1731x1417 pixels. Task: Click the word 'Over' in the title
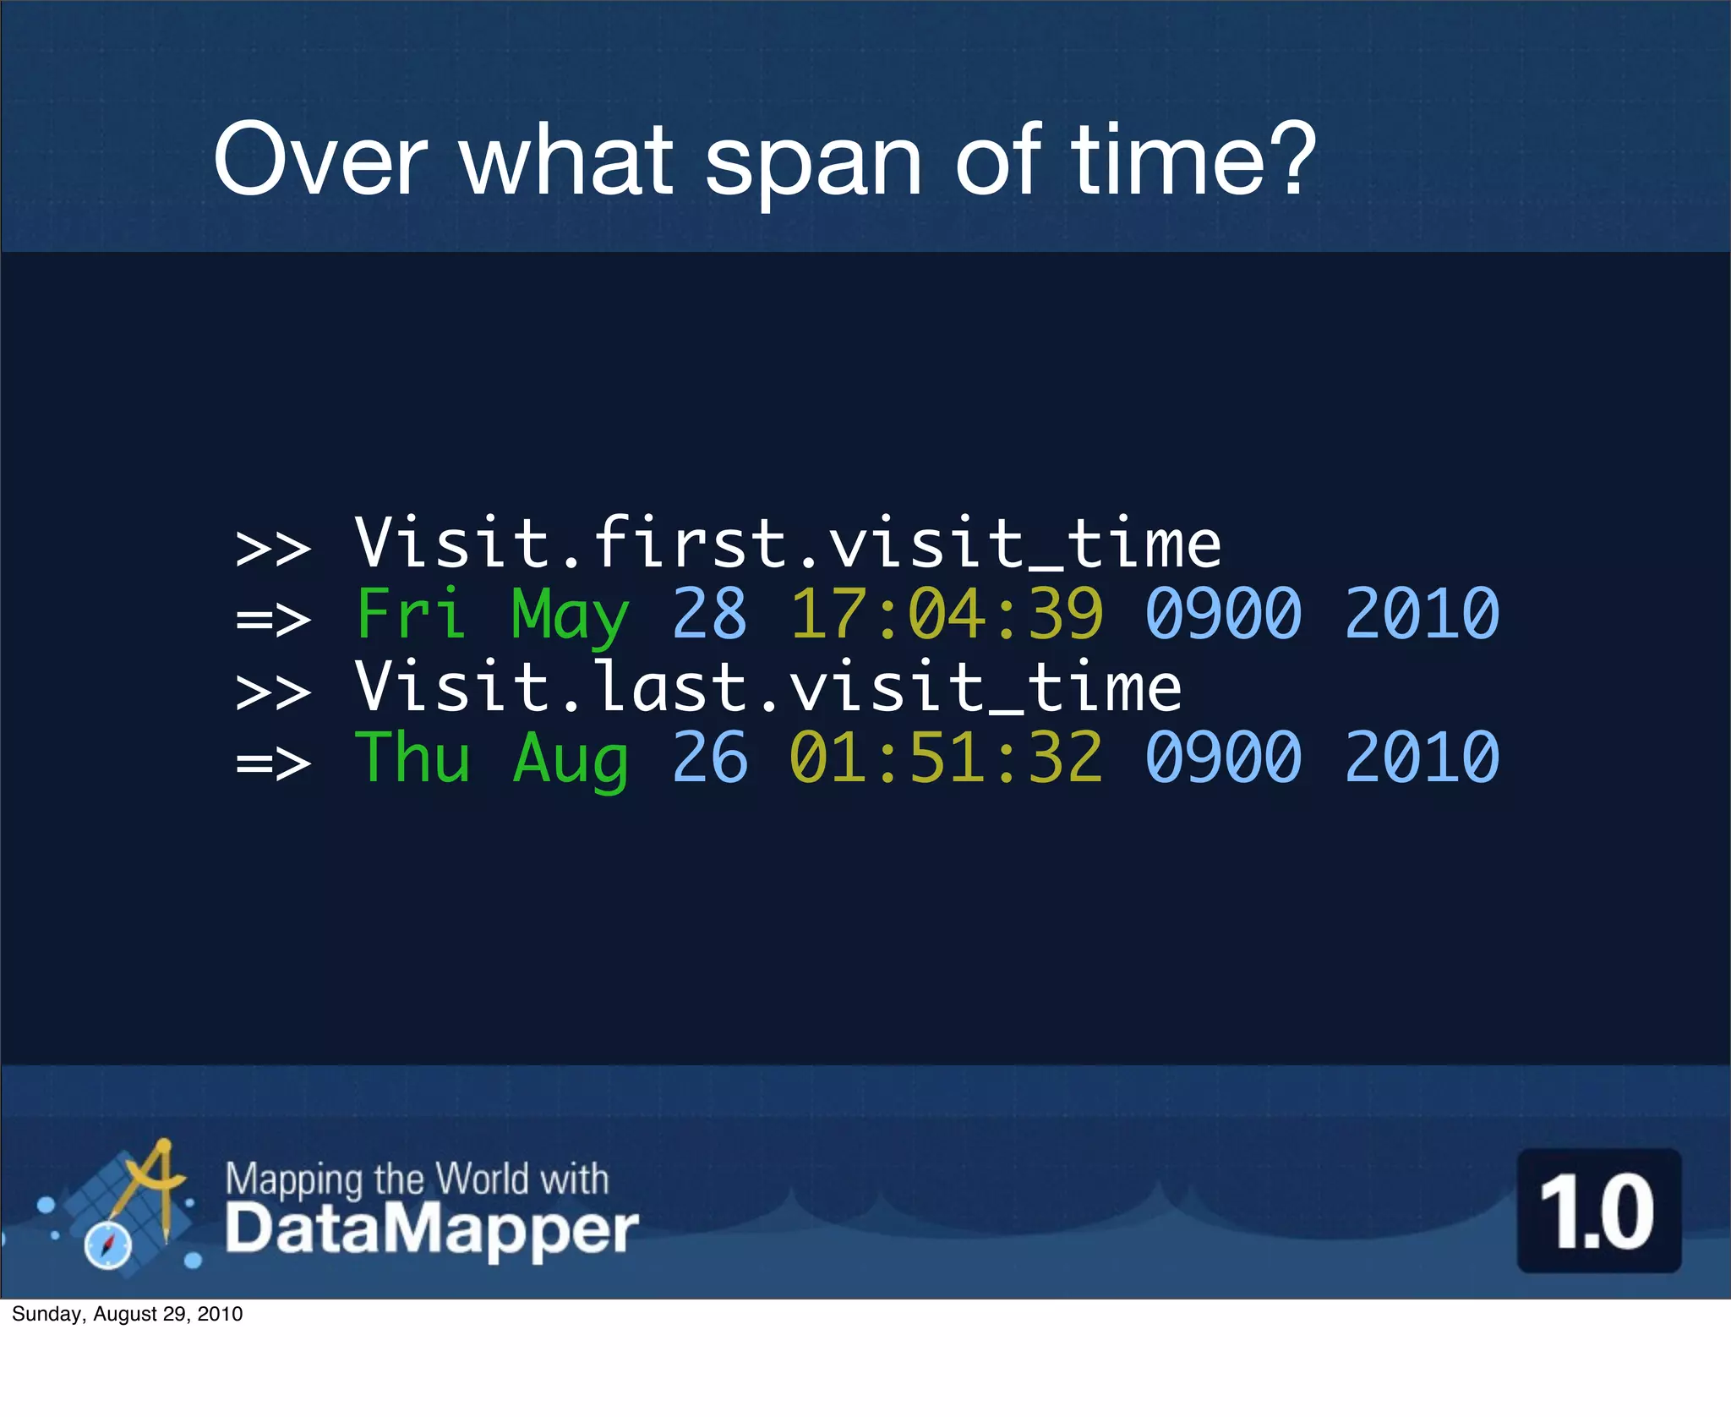320,159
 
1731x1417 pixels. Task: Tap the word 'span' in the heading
812,165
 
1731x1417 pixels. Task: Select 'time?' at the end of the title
1193,159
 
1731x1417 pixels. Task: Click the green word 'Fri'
411,613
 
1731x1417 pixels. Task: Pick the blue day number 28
709,613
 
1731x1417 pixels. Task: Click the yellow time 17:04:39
946,613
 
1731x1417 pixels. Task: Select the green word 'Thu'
412,757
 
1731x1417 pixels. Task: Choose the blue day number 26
709,757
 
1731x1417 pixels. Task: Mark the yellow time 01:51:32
946,757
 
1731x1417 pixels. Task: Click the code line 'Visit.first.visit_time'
788,543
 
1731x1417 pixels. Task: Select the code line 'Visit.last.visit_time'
767,687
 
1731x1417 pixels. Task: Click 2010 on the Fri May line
1422,613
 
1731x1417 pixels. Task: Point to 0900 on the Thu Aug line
1223,757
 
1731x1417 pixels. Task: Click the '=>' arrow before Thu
273,763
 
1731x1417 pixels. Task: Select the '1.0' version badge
1598,1211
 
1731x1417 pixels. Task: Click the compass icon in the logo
108,1245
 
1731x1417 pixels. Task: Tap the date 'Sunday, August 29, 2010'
128,1314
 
